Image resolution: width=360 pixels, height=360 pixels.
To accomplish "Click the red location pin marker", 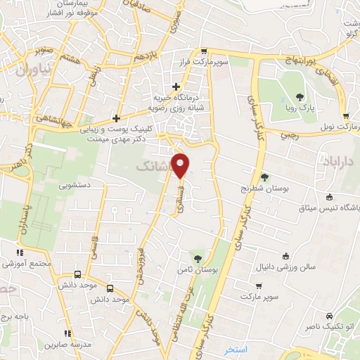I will pos(181,165).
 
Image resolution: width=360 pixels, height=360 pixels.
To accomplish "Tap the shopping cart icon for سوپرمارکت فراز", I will pos(204,51).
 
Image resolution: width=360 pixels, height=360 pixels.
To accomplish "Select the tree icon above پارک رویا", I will pos(300,97).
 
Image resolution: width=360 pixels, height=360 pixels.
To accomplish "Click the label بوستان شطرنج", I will pos(264,188).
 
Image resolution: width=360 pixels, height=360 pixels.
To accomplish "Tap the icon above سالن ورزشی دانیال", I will pos(285,256).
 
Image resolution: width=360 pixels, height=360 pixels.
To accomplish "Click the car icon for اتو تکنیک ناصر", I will pos(329,316).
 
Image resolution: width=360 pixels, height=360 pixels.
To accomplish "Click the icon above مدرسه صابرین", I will pos(67,333).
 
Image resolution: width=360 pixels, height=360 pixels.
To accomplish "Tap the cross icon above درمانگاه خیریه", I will pos(176,86).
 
